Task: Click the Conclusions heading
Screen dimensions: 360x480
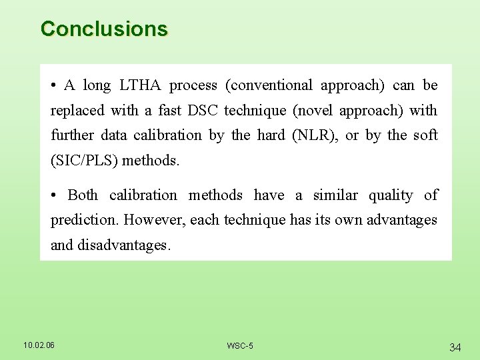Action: pos(104,29)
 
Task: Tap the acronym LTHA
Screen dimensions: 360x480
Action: pos(141,85)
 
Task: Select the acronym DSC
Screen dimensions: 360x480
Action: pos(203,110)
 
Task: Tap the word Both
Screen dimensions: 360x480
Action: pos(83,195)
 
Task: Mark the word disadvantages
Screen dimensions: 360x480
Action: pos(124,245)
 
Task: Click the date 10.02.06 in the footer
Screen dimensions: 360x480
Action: pos(39,345)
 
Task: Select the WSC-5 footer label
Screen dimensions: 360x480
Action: pos(240,345)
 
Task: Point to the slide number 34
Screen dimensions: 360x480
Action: pos(455,347)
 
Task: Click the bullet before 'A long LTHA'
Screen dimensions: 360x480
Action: pos(53,86)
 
